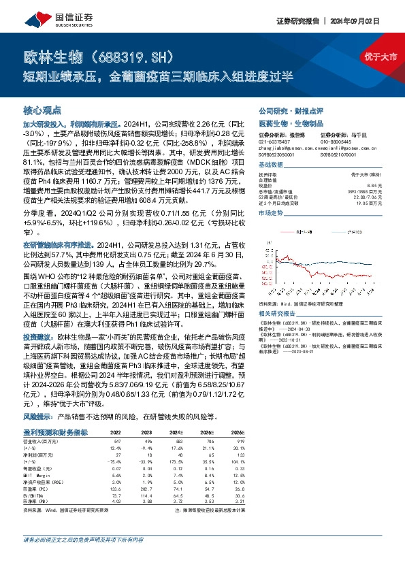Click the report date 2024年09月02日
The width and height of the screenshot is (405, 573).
pos(367,22)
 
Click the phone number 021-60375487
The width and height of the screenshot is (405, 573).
pos(274,142)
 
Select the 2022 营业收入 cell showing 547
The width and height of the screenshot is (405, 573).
pos(115,441)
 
